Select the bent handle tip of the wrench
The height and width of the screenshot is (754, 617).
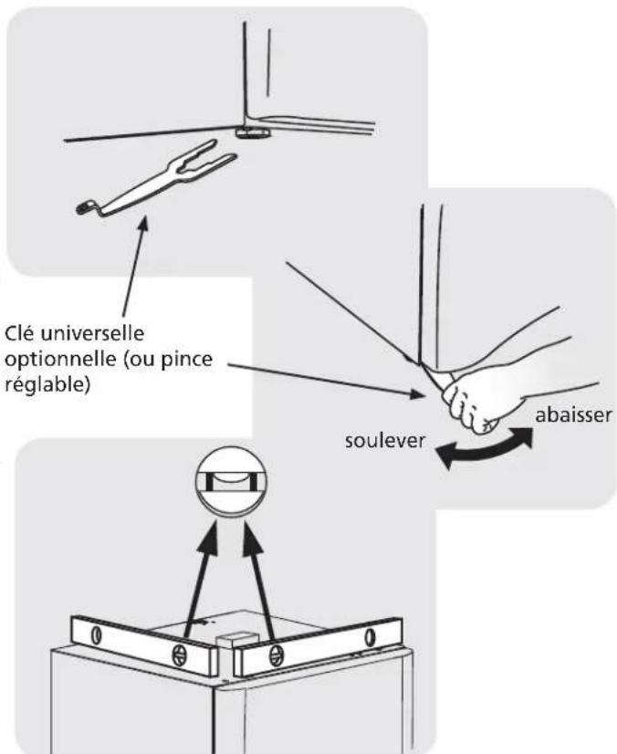[x=88, y=209]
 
